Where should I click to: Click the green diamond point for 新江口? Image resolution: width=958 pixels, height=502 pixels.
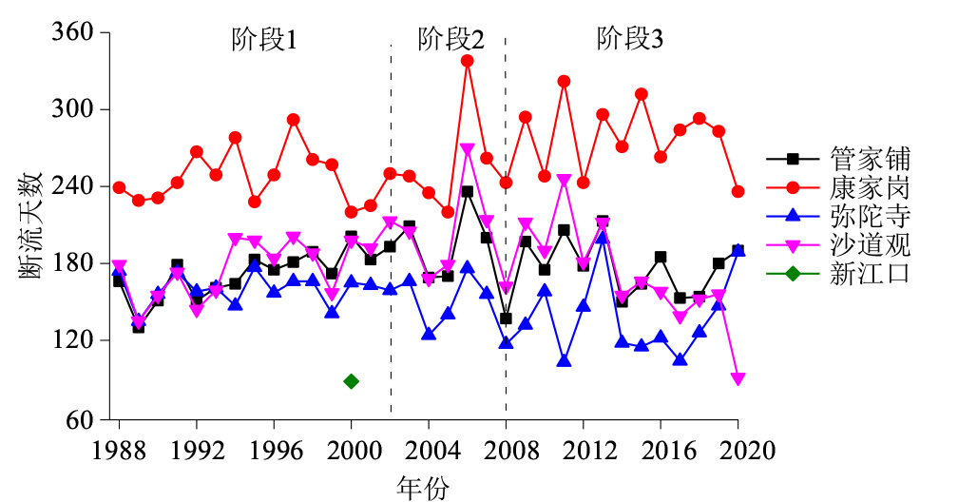[351, 381]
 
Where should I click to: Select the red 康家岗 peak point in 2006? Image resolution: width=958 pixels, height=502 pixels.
[467, 61]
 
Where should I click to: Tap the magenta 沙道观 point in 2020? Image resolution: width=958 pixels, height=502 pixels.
[738, 379]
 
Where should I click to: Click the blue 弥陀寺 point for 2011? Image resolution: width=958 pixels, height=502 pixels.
[564, 361]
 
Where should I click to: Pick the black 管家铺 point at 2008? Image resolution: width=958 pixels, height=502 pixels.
[506, 319]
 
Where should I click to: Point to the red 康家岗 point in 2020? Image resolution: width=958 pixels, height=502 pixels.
[738, 191]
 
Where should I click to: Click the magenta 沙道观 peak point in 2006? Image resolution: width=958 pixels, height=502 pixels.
[467, 149]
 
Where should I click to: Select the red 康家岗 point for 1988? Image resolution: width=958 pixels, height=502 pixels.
[119, 187]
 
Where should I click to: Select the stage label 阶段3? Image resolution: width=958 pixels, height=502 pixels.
[630, 40]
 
